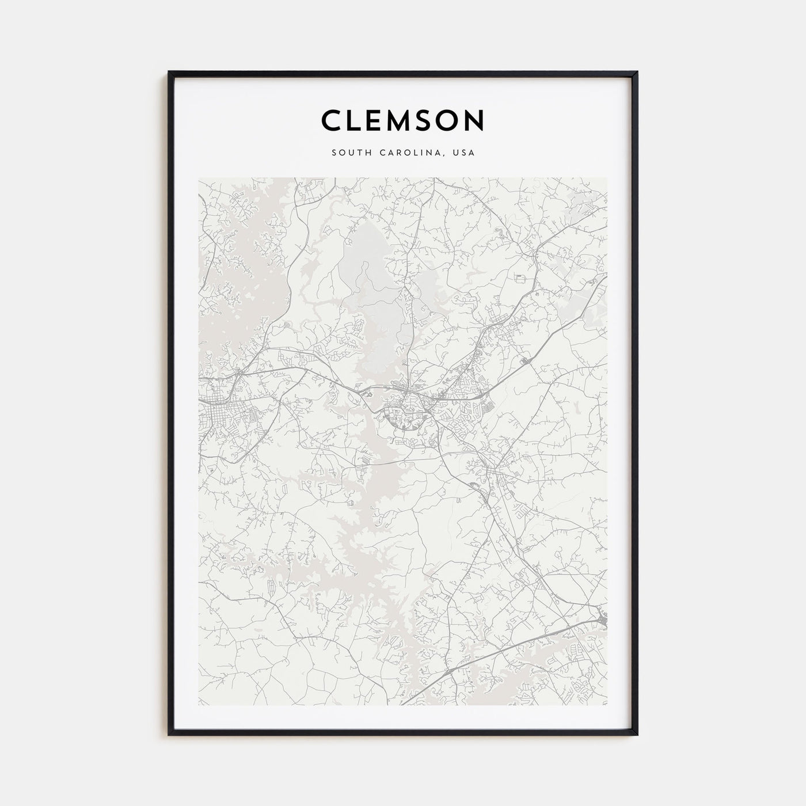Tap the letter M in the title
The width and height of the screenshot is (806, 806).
398,120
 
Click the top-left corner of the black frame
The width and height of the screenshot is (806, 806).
169,73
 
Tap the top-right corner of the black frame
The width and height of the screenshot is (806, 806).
637,73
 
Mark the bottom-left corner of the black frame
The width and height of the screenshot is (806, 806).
169,735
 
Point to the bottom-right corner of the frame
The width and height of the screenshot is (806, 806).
637,735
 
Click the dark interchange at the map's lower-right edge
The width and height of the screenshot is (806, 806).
602,619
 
